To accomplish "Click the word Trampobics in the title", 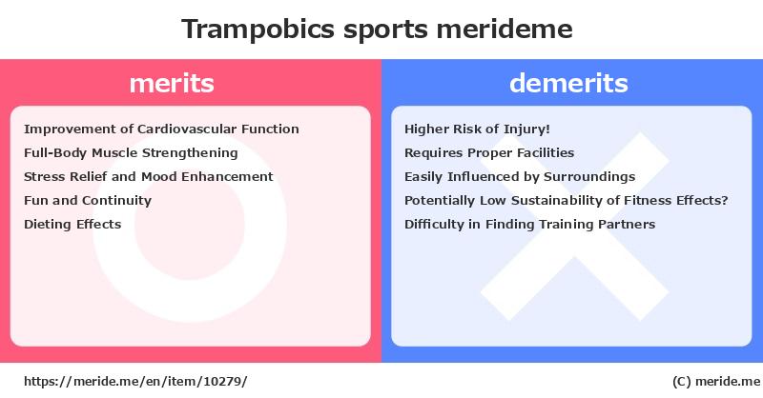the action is pyautogui.click(x=258, y=30).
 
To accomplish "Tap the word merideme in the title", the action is pyautogui.click(x=505, y=30).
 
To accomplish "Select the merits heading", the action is pyautogui.click(x=172, y=83).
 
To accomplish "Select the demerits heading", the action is pyautogui.click(x=568, y=83).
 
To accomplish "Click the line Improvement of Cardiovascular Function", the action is pyautogui.click(x=161, y=129).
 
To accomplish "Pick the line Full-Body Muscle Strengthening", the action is pyautogui.click(x=131, y=153).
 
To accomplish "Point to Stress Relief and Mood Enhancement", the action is pyautogui.click(x=149, y=176).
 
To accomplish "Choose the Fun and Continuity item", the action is pyautogui.click(x=88, y=201).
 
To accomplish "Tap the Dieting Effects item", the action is pyautogui.click(x=72, y=225).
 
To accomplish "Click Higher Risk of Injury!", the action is pyautogui.click(x=478, y=129).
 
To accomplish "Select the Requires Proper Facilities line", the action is pyautogui.click(x=489, y=153).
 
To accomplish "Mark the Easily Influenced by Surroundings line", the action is pyautogui.click(x=520, y=177).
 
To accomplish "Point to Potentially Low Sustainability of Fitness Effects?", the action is pyautogui.click(x=566, y=201).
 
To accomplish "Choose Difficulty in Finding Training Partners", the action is pyautogui.click(x=530, y=225).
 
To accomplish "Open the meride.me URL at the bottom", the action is pyautogui.click(x=135, y=382).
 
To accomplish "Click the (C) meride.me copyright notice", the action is pyautogui.click(x=716, y=382).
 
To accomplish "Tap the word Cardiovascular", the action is pyautogui.click(x=187, y=129).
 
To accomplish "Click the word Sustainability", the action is pyautogui.click(x=557, y=201).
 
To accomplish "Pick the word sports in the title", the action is pyautogui.click(x=385, y=30).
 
